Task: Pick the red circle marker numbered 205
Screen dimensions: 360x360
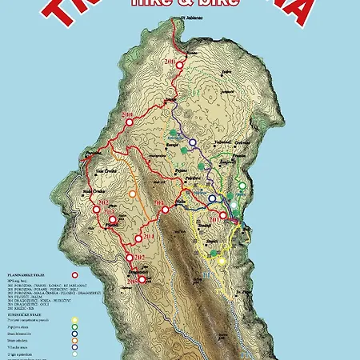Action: pyautogui.click(x=113, y=218)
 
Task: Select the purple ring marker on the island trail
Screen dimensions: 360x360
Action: pyautogui.click(x=191, y=142)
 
